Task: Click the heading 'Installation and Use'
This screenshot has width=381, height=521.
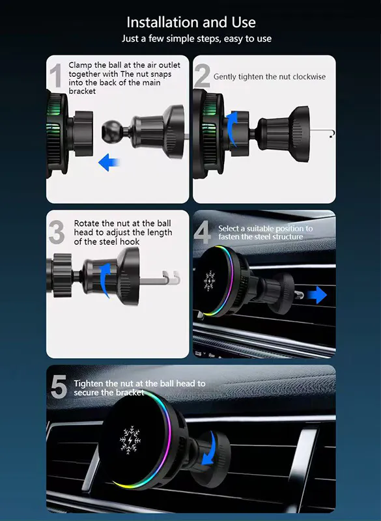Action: [x=191, y=22]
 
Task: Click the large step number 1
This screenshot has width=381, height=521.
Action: [x=57, y=76]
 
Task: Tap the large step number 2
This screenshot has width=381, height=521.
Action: [x=202, y=76]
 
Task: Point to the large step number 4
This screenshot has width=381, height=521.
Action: [x=203, y=232]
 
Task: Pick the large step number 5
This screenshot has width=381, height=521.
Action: [x=59, y=386]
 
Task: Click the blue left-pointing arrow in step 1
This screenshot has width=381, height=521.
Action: [x=109, y=162]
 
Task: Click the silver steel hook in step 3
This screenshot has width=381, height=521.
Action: [x=160, y=279]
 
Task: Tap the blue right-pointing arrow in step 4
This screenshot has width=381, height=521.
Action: [x=317, y=295]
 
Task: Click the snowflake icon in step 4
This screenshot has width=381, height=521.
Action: [x=210, y=281]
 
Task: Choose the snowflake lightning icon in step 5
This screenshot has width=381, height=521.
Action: [x=130, y=440]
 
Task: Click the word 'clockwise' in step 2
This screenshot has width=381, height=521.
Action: [x=307, y=77]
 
